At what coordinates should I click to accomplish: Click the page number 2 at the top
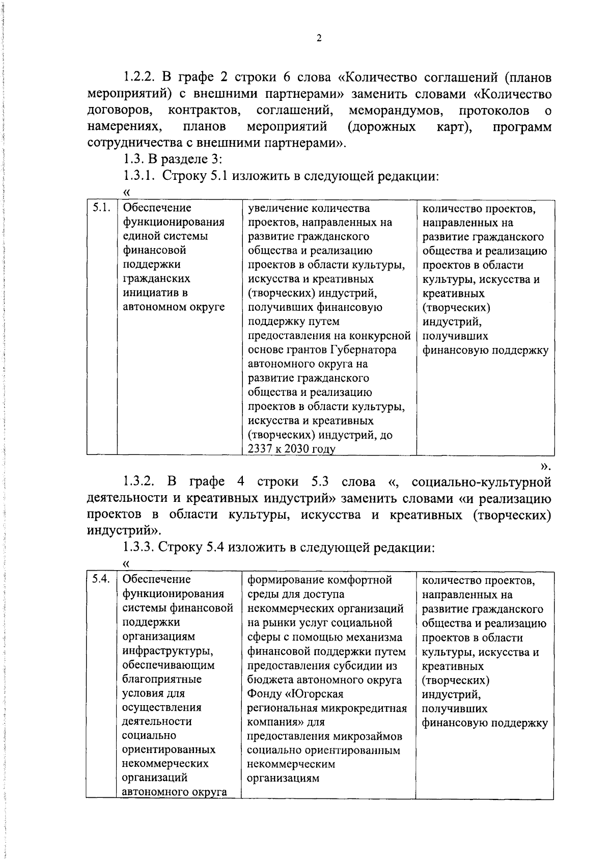tap(319, 38)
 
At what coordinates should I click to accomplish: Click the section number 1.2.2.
tap(140, 78)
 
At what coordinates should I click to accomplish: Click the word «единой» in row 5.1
tap(141, 236)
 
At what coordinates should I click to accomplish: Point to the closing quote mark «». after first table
tap(545, 466)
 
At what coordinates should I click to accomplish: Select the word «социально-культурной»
tap(481, 482)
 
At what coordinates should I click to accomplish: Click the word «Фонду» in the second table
tap(264, 694)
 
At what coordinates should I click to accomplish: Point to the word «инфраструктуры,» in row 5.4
tap(168, 651)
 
